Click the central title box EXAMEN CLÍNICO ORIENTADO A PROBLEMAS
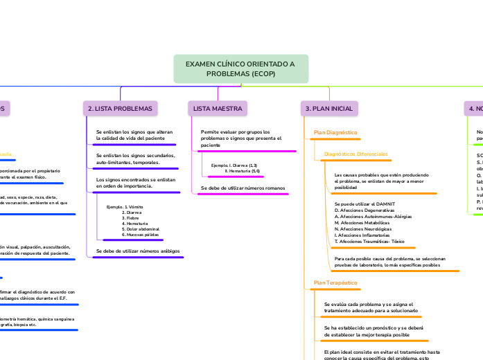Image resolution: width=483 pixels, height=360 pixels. point(240,69)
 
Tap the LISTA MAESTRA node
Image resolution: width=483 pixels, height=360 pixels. point(218,109)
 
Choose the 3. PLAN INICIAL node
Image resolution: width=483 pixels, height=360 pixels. point(329,109)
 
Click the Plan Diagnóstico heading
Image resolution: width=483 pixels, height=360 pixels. point(335,132)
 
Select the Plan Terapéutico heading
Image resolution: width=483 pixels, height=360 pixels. point(335,282)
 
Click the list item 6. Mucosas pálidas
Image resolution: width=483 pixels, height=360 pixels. point(141,235)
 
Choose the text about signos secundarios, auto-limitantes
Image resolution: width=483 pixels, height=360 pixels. point(135,159)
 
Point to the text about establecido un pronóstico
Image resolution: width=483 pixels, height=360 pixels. point(373,330)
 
